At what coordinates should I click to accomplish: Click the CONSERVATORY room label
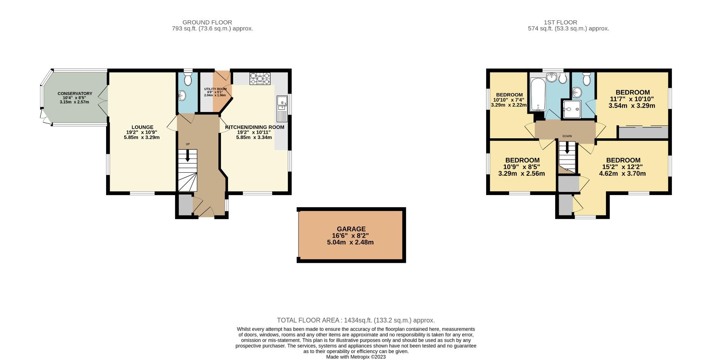point(75,93)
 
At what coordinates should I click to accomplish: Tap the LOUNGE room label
point(142,127)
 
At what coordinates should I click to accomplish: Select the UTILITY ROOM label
point(215,89)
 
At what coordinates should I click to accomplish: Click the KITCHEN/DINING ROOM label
point(254,127)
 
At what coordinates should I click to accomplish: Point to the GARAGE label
point(351,229)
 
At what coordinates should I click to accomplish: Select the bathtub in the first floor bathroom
point(537,95)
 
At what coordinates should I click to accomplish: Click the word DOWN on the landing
point(567,136)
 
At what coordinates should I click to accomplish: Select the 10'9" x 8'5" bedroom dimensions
point(521,167)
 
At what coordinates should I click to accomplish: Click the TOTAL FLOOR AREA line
point(356,320)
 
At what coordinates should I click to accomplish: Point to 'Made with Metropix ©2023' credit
point(356,357)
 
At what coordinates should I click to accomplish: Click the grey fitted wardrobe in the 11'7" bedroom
point(643,132)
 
